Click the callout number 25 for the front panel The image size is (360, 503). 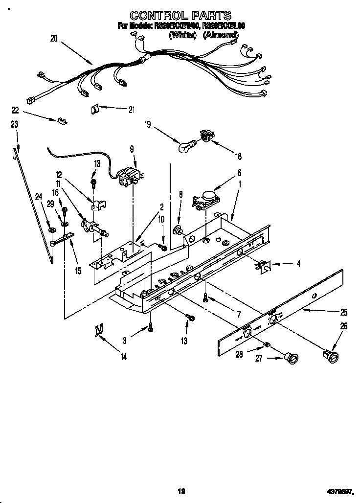[344, 312]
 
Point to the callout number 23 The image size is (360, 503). [15, 125]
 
